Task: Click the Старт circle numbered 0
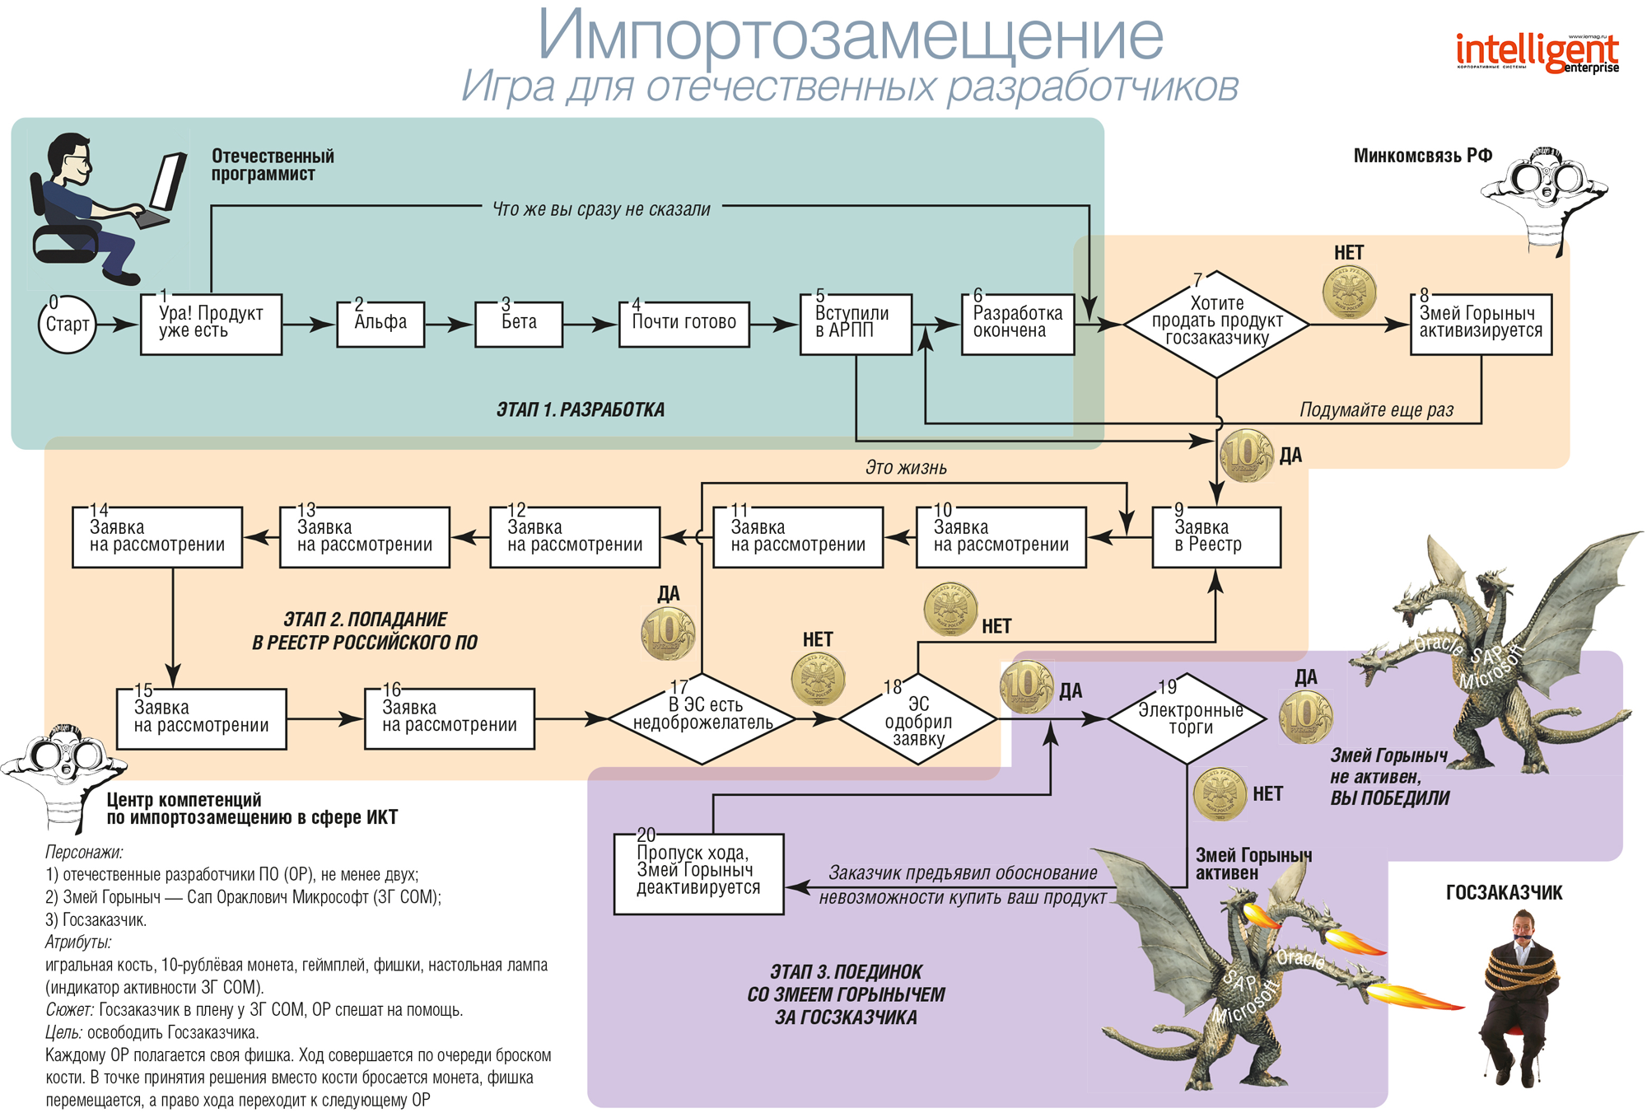click(x=67, y=325)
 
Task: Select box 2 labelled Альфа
click(x=380, y=324)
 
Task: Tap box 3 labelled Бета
click(x=519, y=324)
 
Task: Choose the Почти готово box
click(x=684, y=324)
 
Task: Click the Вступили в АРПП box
click(x=856, y=324)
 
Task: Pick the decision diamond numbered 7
click(x=1216, y=324)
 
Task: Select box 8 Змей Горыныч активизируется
click(x=1481, y=324)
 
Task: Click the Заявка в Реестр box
click(x=1216, y=537)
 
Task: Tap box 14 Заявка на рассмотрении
click(x=157, y=537)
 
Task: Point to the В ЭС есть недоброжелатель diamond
click(x=702, y=718)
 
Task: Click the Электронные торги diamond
click(x=1187, y=718)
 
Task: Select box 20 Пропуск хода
click(x=698, y=873)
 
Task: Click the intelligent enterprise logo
click(x=1537, y=53)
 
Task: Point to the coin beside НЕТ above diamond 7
click(x=1349, y=291)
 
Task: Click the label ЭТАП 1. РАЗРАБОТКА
click(x=580, y=409)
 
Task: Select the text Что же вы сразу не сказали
click(x=601, y=209)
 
